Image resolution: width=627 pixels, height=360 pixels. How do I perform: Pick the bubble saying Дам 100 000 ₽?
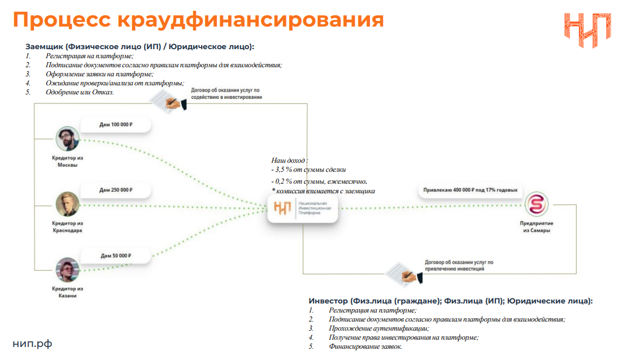[x=115, y=124]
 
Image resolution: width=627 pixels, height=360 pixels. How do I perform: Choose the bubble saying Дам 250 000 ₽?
[x=115, y=190]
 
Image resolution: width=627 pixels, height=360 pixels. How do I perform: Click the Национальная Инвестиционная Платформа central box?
[x=303, y=207]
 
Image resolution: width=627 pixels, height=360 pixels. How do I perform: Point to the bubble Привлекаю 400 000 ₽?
[x=470, y=190]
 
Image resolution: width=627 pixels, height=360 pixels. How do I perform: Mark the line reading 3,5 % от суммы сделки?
[x=308, y=170]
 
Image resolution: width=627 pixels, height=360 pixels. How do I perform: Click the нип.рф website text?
[x=32, y=344]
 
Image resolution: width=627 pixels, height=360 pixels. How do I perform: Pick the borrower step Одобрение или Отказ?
[x=80, y=92]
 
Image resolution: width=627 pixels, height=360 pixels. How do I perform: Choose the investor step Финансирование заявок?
[x=365, y=346]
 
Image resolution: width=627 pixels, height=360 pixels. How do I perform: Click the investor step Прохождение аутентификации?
[x=378, y=328]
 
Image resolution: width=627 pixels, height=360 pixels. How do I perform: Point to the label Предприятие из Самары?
[x=535, y=227]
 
